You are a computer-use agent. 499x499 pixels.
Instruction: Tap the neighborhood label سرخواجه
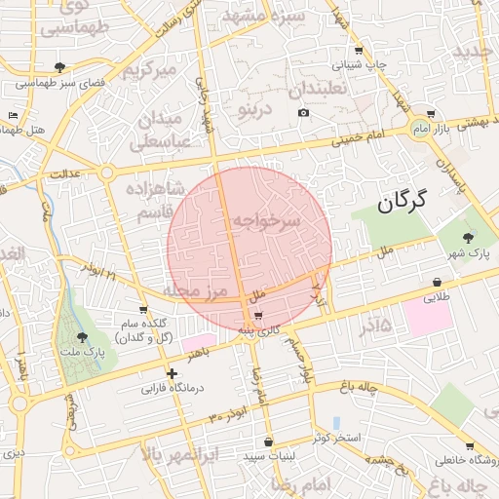(265, 222)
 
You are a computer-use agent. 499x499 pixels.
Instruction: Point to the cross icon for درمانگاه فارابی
(172, 373)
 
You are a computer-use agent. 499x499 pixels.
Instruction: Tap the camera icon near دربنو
(304, 113)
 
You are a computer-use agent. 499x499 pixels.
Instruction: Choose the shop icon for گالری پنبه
(257, 316)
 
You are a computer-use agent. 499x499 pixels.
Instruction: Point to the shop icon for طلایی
(435, 283)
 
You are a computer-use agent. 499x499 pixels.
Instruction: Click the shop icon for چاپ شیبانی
(360, 50)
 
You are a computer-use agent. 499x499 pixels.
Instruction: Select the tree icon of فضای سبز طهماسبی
(60, 67)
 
